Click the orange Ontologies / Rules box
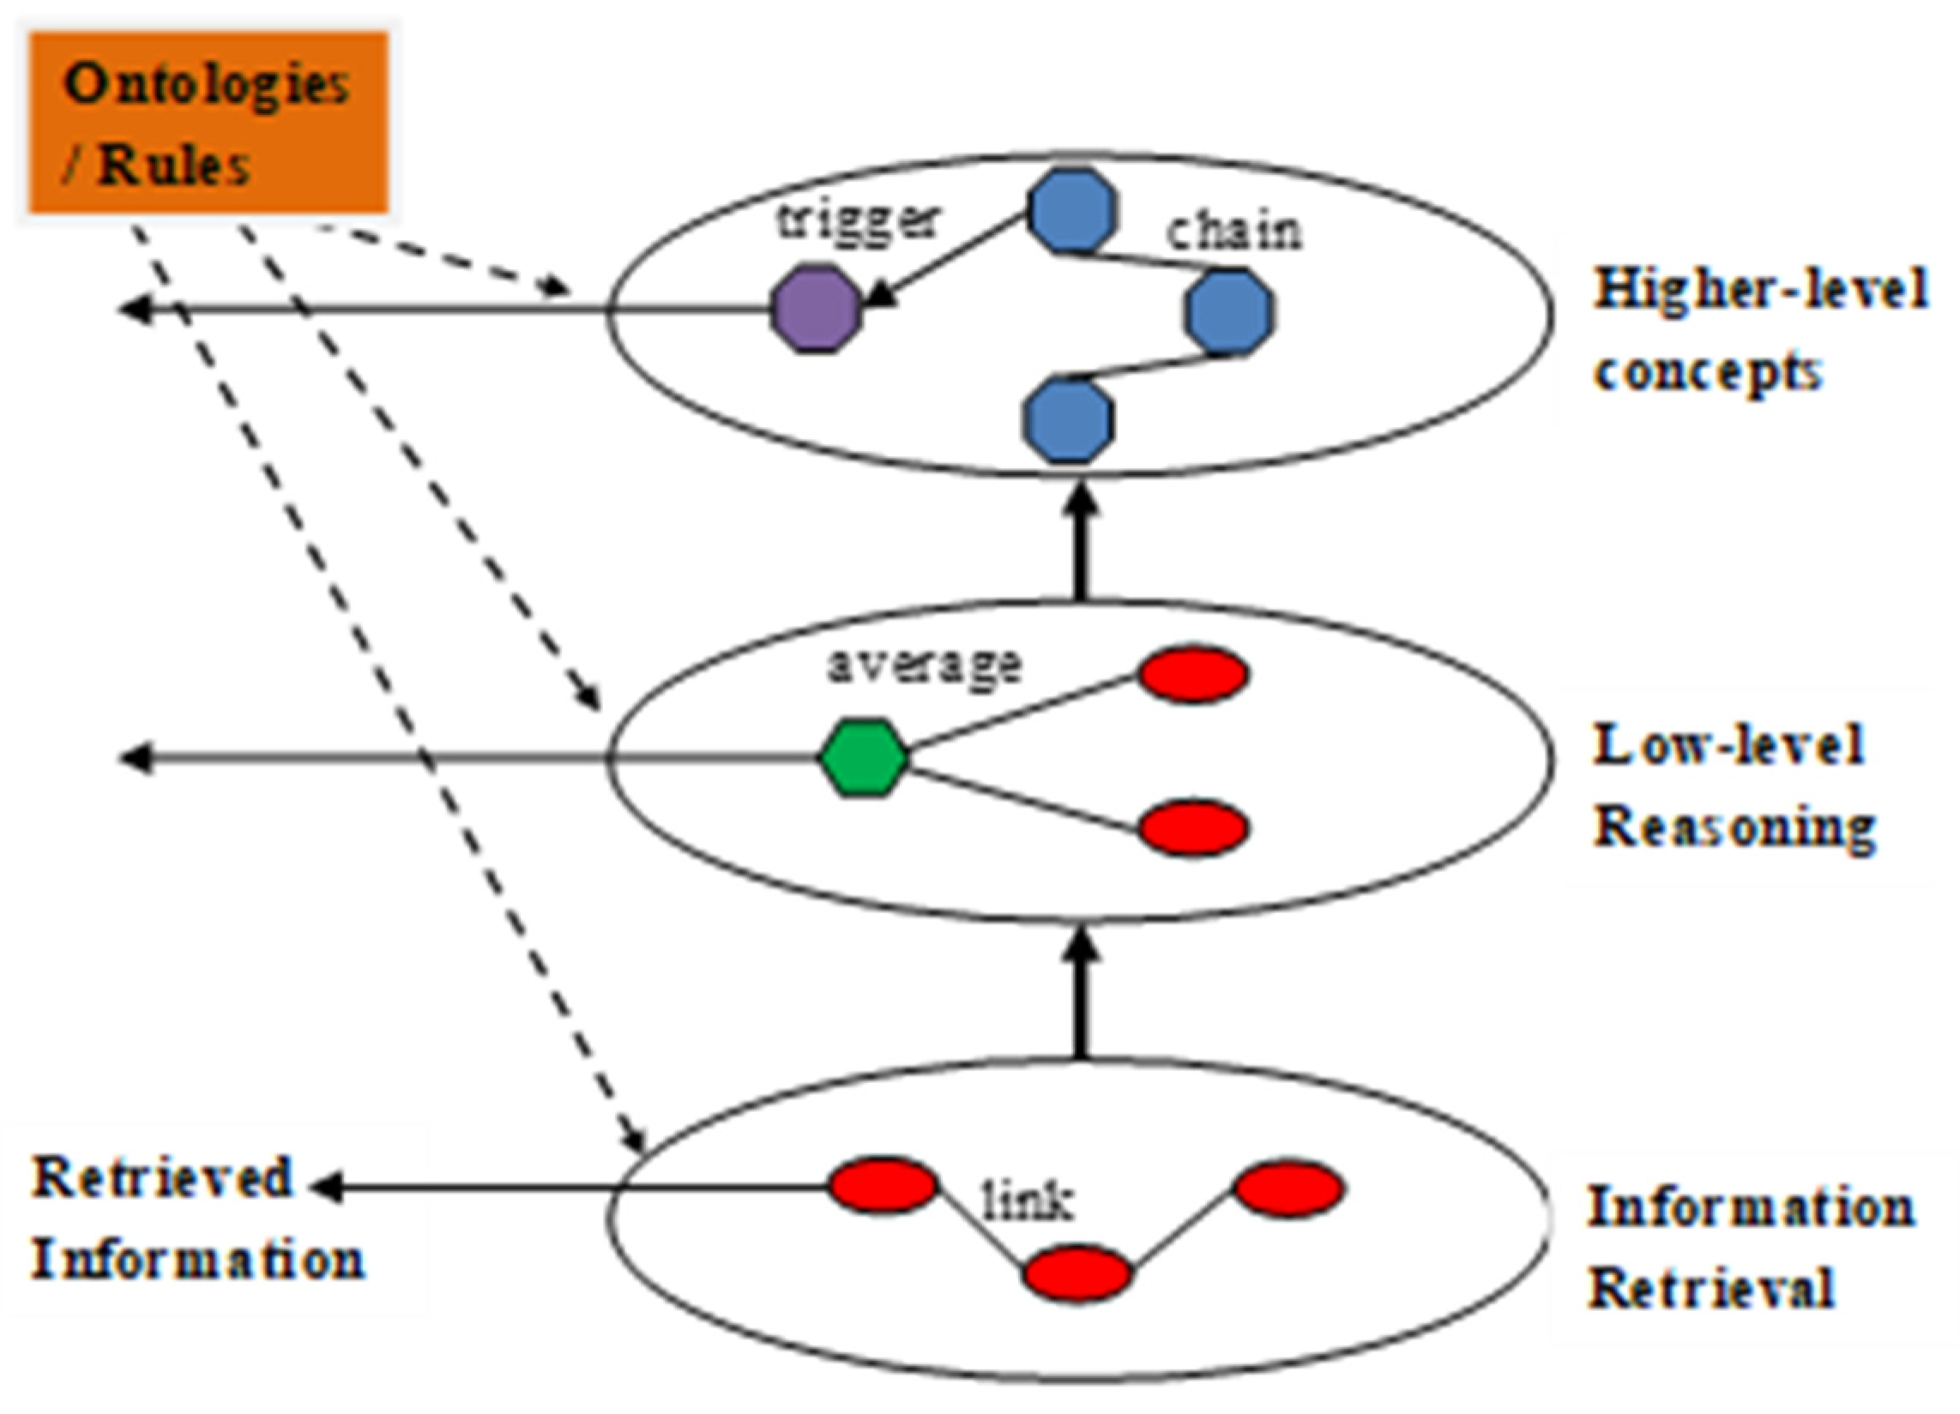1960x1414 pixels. pyautogui.click(x=208, y=123)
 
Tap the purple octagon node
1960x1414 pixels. pyautogui.click(x=815, y=309)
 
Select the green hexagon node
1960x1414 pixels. pyautogui.click(x=863, y=757)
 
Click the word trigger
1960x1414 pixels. pyautogui.click(x=855, y=221)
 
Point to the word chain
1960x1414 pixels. pyautogui.click(x=1233, y=232)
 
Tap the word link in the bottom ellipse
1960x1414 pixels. pyautogui.click(x=1028, y=1200)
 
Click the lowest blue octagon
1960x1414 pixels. pyautogui.click(x=1068, y=421)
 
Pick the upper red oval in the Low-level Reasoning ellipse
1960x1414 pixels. pyautogui.click(x=1193, y=675)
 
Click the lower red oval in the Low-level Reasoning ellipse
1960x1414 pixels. pyautogui.click(x=1193, y=828)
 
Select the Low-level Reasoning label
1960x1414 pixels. pyautogui.click(x=1733, y=786)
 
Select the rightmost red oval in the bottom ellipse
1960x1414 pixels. pyautogui.click(x=1288, y=1189)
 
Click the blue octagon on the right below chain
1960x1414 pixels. pyautogui.click(x=1230, y=312)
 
